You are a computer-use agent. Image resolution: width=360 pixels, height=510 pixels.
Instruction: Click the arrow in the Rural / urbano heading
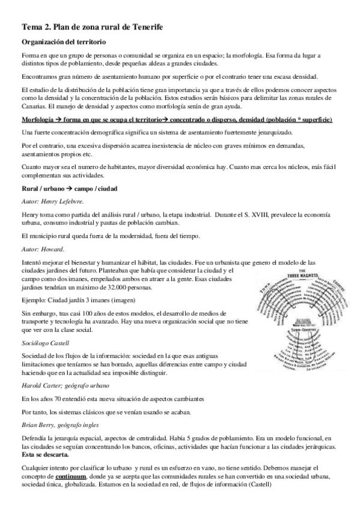point(68,189)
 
